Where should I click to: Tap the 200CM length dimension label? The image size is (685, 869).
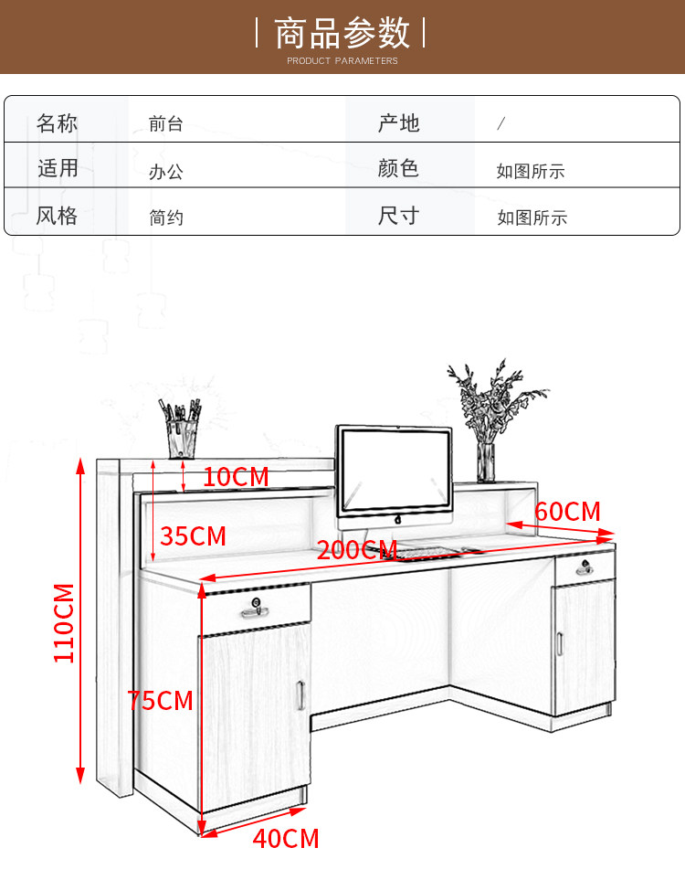tap(356, 550)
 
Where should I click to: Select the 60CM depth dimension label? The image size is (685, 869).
tap(567, 511)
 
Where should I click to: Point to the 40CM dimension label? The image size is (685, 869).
tap(285, 838)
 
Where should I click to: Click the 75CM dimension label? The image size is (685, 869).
tap(161, 701)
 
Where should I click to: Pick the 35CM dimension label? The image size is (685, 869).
tap(193, 535)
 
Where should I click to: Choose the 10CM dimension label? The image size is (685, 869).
tap(236, 476)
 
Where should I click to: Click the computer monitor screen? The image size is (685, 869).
tap(395, 471)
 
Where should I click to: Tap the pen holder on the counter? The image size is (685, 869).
tap(181, 438)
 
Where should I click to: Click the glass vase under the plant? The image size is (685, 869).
tap(486, 461)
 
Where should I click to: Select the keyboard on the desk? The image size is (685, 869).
tap(429, 552)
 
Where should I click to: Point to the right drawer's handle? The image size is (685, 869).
tap(585, 571)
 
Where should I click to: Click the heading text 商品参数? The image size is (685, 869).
tap(342, 34)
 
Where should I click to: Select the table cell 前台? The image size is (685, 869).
tap(166, 123)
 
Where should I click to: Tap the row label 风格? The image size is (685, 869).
tap(57, 217)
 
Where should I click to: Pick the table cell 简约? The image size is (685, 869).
tap(166, 217)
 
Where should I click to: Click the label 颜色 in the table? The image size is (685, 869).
tap(398, 169)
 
